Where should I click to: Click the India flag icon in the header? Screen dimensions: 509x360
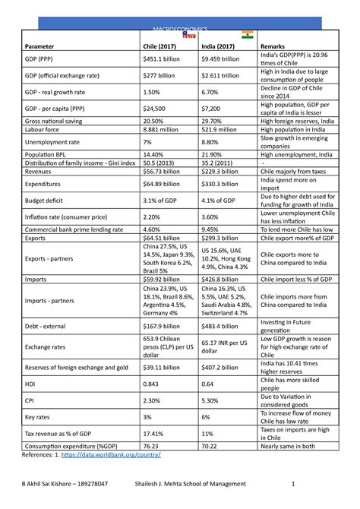coord(248,35)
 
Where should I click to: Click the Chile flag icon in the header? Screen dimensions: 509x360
coord(189,35)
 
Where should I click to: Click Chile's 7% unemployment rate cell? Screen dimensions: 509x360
coord(148,141)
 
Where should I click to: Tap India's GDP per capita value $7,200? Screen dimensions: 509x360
coord(213,109)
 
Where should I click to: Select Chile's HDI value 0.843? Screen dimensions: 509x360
coord(151,384)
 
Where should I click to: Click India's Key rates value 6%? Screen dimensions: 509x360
coord(207,417)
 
